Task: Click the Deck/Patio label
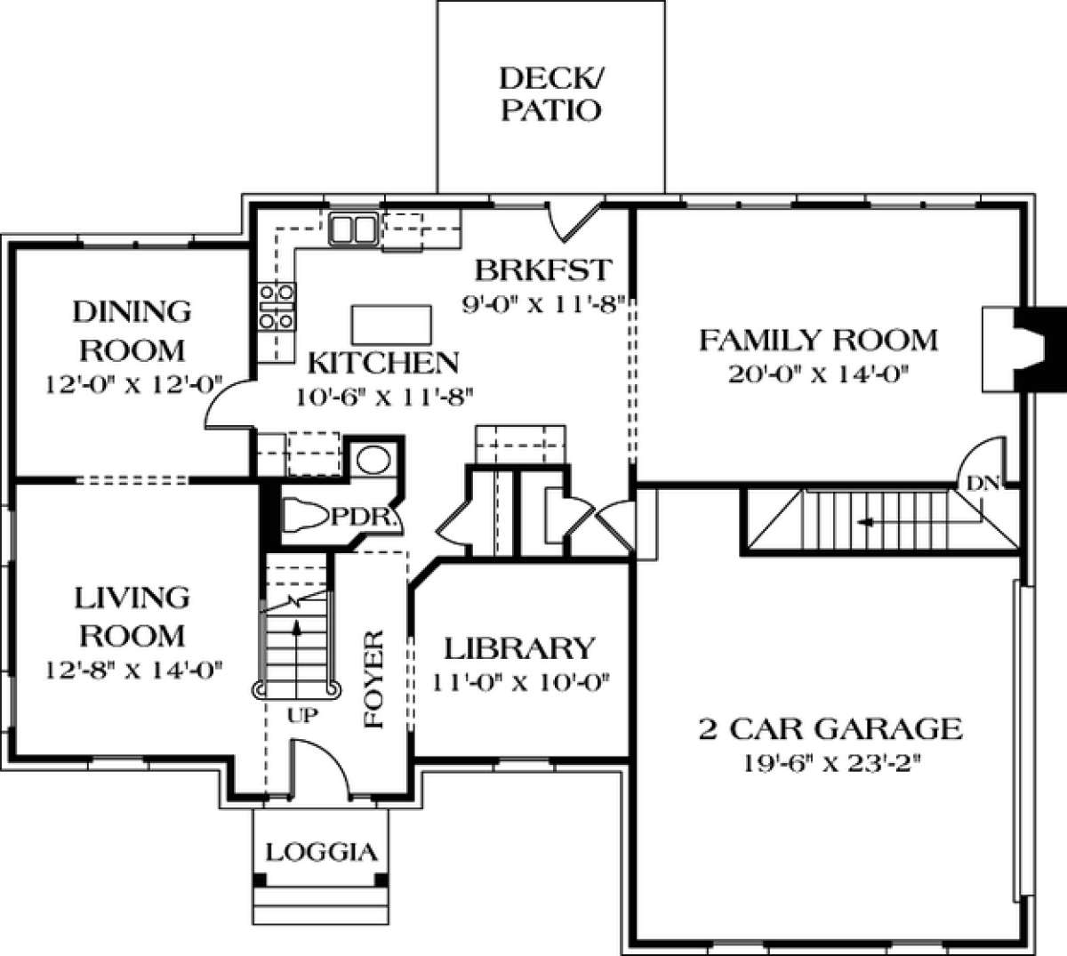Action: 551,94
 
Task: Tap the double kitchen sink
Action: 353,229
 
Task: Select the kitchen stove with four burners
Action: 277,307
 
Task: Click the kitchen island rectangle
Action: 392,325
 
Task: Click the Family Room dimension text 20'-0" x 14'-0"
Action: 819,374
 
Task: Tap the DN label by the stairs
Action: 983,484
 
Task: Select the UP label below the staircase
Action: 303,715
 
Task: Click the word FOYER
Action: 374,679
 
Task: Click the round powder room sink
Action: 374,460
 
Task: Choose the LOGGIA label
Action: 321,853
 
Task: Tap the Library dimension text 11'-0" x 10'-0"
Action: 521,683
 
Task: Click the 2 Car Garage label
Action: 830,729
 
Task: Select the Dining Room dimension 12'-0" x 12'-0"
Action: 133,384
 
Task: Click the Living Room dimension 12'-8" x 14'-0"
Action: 133,671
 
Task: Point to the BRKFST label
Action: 543,270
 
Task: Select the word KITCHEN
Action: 383,363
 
